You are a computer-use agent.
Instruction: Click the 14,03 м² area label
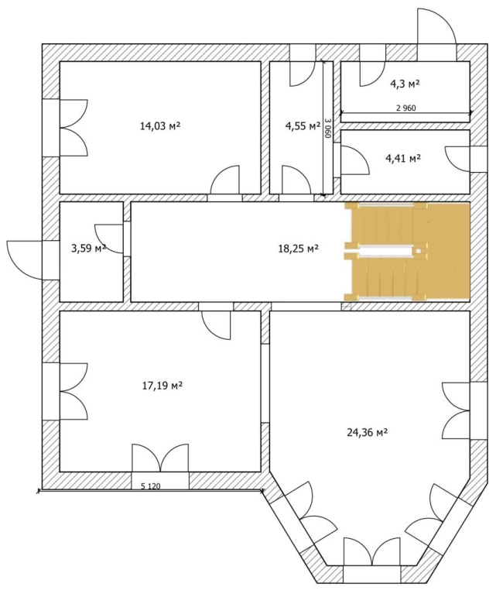pos(160,125)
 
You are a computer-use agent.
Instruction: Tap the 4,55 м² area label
pos(303,125)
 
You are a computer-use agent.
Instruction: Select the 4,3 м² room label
pos(405,84)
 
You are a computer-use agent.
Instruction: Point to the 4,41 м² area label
pos(403,158)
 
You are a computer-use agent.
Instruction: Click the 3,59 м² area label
pos(89,248)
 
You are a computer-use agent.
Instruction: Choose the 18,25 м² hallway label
pos(298,249)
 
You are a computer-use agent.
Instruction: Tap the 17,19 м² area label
pos(162,385)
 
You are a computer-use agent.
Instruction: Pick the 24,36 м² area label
pos(367,433)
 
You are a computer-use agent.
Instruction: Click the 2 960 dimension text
pos(406,108)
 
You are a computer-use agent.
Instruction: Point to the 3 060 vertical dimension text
pos(327,129)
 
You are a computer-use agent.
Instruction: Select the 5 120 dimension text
pos(150,486)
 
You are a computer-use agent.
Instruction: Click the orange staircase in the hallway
pos(407,251)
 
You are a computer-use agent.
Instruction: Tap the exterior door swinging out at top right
pos(437,34)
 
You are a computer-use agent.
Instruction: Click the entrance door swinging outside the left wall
pos(25,260)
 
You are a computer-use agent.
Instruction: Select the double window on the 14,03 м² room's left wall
pos(74,128)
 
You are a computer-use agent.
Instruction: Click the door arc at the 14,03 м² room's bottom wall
pos(225,179)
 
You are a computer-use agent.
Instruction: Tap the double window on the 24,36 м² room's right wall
pos(457,410)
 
